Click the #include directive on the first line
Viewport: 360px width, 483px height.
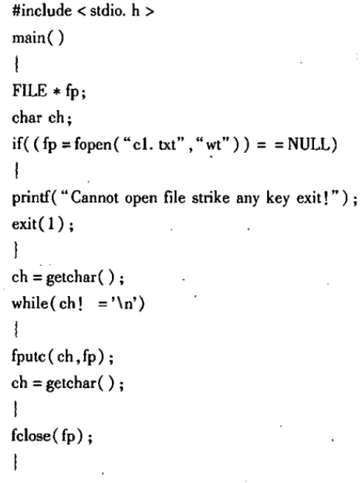pyautogui.click(x=42, y=11)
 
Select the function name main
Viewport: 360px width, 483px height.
pyautogui.click(x=28, y=38)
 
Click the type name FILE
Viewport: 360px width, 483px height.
pyautogui.click(x=30, y=91)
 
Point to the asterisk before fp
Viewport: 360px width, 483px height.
pyautogui.click(x=56, y=92)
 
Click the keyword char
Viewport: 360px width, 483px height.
pyautogui.click(x=27, y=117)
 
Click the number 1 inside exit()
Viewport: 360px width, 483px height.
pyautogui.click(x=50, y=223)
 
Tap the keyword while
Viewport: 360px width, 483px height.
pyautogui.click(x=30, y=303)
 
